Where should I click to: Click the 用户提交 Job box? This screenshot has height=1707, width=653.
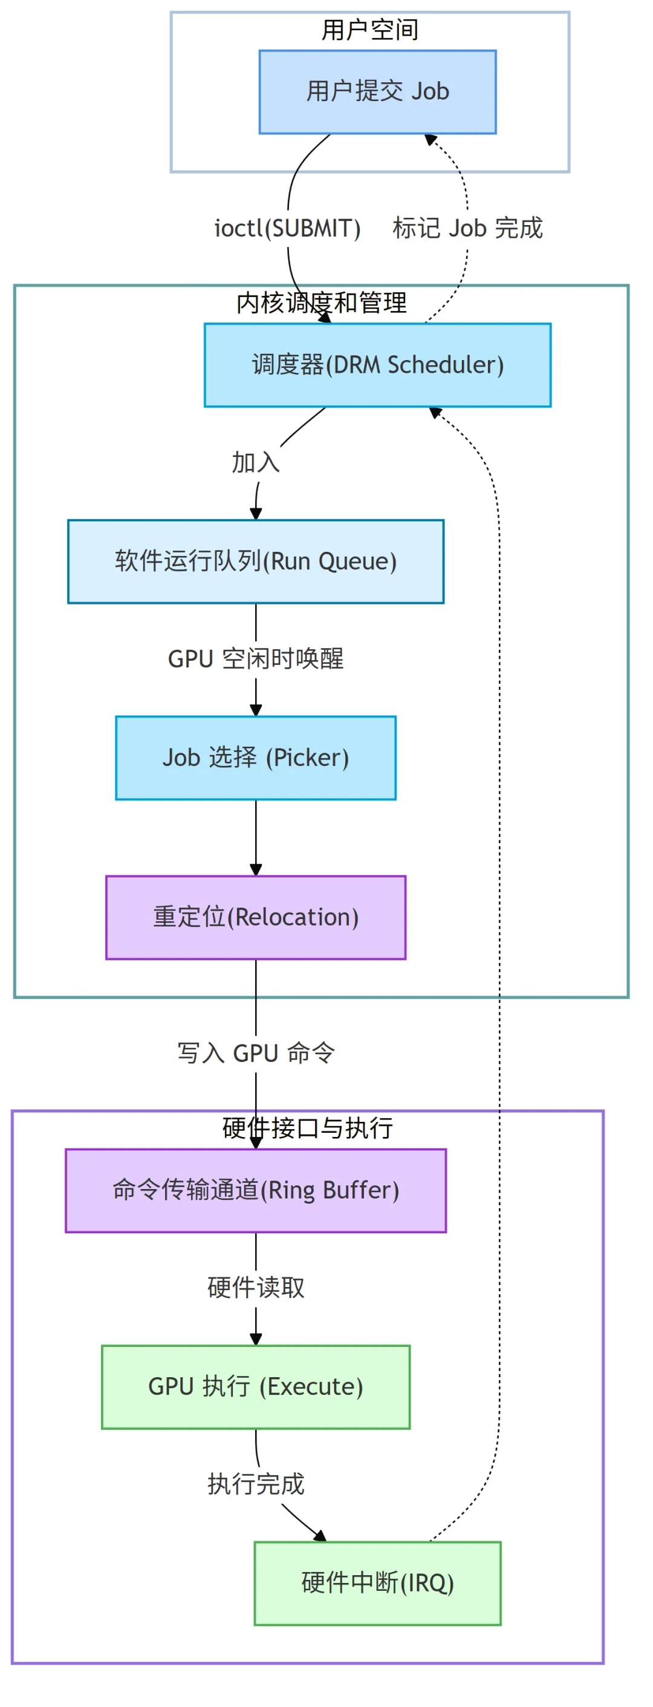[377, 91]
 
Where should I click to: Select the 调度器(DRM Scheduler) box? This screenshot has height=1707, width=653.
[377, 364]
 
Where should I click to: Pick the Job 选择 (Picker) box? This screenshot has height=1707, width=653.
[256, 757]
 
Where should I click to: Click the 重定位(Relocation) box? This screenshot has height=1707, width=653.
[256, 917]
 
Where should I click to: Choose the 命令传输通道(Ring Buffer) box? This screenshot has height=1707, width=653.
[256, 1190]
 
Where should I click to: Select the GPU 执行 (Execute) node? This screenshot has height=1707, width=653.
[256, 1386]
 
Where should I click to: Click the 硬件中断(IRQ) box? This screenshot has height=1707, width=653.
[377, 1582]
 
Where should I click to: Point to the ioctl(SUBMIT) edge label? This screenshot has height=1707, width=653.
[287, 228]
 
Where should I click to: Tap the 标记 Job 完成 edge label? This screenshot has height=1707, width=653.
[467, 228]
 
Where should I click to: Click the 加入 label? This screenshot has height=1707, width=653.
[256, 462]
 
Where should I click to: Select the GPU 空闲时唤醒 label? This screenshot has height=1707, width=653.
[256, 659]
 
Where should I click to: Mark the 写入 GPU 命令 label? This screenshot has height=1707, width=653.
[256, 1052]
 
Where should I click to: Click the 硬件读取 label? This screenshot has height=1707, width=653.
[256, 1287]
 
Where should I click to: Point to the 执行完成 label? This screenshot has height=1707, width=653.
[256, 1484]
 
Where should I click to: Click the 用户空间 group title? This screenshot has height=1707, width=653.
[369, 30]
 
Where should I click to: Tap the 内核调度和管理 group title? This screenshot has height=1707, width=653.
[321, 303]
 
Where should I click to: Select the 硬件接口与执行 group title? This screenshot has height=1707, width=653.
[307, 1127]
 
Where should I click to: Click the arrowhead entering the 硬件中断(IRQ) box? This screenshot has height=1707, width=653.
[320, 1536]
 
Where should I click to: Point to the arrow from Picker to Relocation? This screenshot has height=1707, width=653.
[256, 838]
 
